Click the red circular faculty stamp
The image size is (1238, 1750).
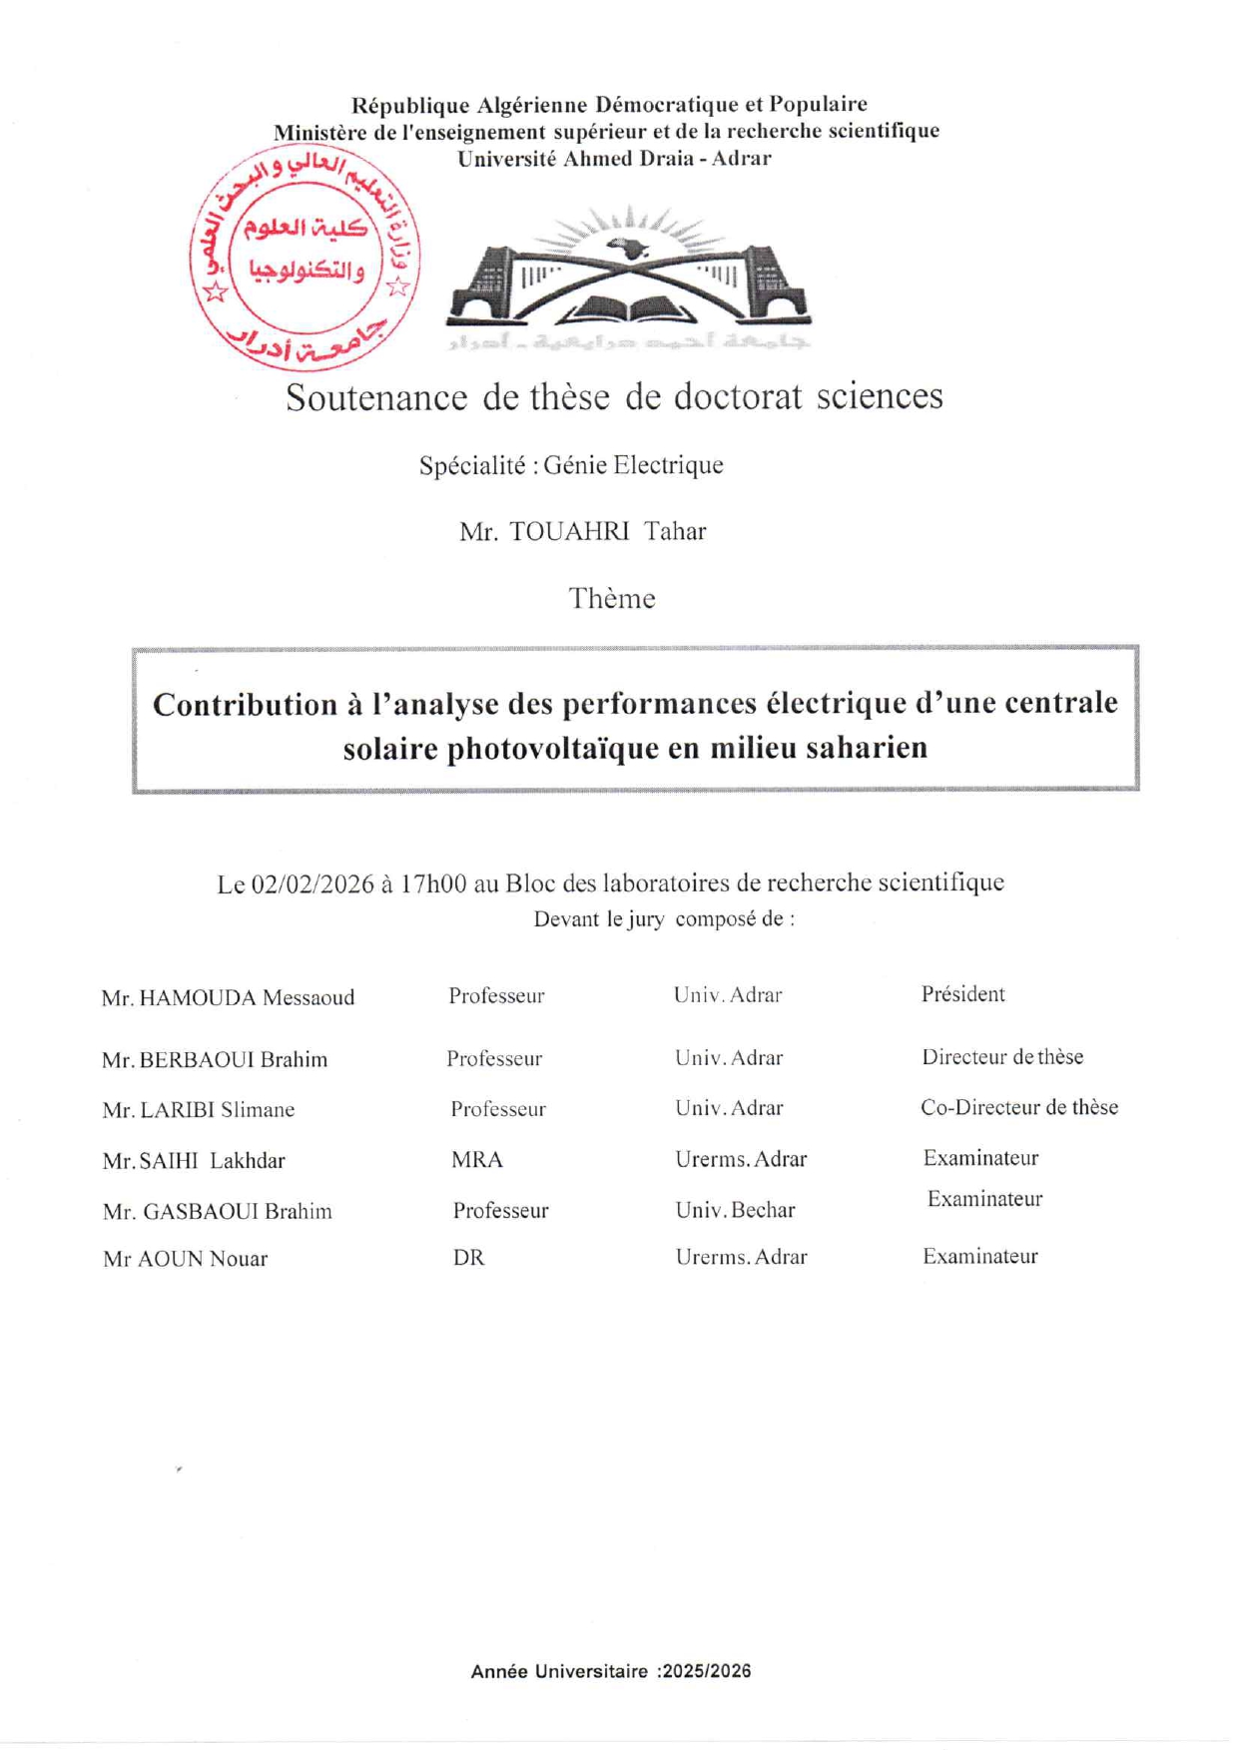305,258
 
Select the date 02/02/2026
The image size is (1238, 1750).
312,884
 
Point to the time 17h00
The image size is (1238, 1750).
433,883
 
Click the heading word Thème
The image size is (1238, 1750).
612,599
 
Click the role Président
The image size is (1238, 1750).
962,994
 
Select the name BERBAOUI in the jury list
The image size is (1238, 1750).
197,1060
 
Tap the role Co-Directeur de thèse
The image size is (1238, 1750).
1018,1107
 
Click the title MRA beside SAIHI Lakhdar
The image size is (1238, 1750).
477,1160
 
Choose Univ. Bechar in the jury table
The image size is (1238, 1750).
735,1210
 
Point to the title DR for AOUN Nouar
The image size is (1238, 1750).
468,1258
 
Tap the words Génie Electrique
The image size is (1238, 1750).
633,465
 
